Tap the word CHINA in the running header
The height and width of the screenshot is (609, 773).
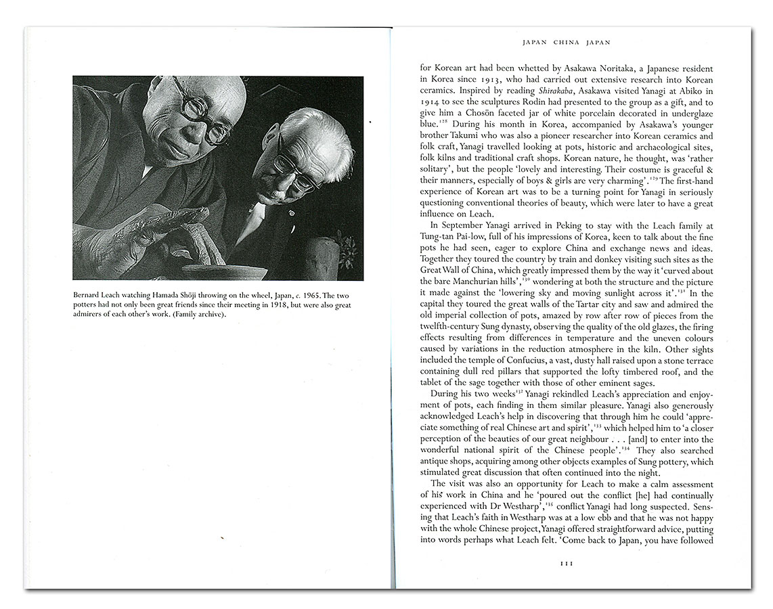coord(567,42)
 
